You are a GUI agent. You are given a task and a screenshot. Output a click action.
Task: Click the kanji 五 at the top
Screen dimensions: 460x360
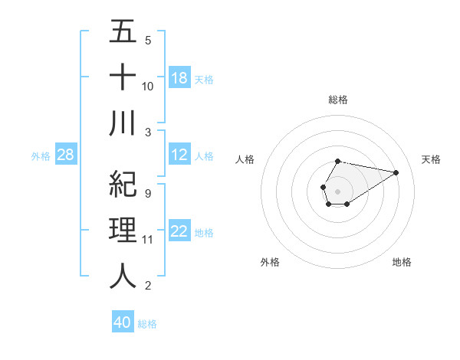click(123, 32)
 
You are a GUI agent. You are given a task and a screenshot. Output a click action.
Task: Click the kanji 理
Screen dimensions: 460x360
click(123, 230)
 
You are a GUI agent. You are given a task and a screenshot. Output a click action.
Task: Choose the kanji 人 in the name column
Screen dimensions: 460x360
click(123, 276)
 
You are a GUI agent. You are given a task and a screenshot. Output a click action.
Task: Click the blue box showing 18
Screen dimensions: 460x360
click(179, 78)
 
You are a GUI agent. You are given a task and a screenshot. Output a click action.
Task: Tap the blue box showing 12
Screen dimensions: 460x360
click(179, 155)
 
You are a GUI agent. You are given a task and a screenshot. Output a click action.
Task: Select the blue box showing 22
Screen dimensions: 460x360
click(179, 232)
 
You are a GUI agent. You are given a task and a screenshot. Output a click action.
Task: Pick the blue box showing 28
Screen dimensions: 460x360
click(66, 155)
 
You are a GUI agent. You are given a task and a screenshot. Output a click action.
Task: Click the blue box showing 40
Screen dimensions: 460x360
click(123, 323)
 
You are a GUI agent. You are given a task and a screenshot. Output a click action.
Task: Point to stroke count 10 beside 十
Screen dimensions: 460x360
click(148, 86)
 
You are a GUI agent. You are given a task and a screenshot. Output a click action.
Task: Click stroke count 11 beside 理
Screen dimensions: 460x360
click(148, 240)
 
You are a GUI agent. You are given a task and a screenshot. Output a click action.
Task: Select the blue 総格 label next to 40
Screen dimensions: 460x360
click(147, 324)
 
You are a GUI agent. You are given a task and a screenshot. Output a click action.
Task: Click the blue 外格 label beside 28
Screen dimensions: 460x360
click(41, 156)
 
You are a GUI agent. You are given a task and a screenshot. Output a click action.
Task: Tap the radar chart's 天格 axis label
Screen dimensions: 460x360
click(431, 159)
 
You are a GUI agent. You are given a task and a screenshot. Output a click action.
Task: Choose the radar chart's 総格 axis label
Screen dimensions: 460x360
click(337, 100)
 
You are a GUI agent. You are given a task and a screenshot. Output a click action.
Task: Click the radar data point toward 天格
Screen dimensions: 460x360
click(396, 172)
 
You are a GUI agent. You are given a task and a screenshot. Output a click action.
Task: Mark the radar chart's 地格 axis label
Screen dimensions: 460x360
click(402, 262)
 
